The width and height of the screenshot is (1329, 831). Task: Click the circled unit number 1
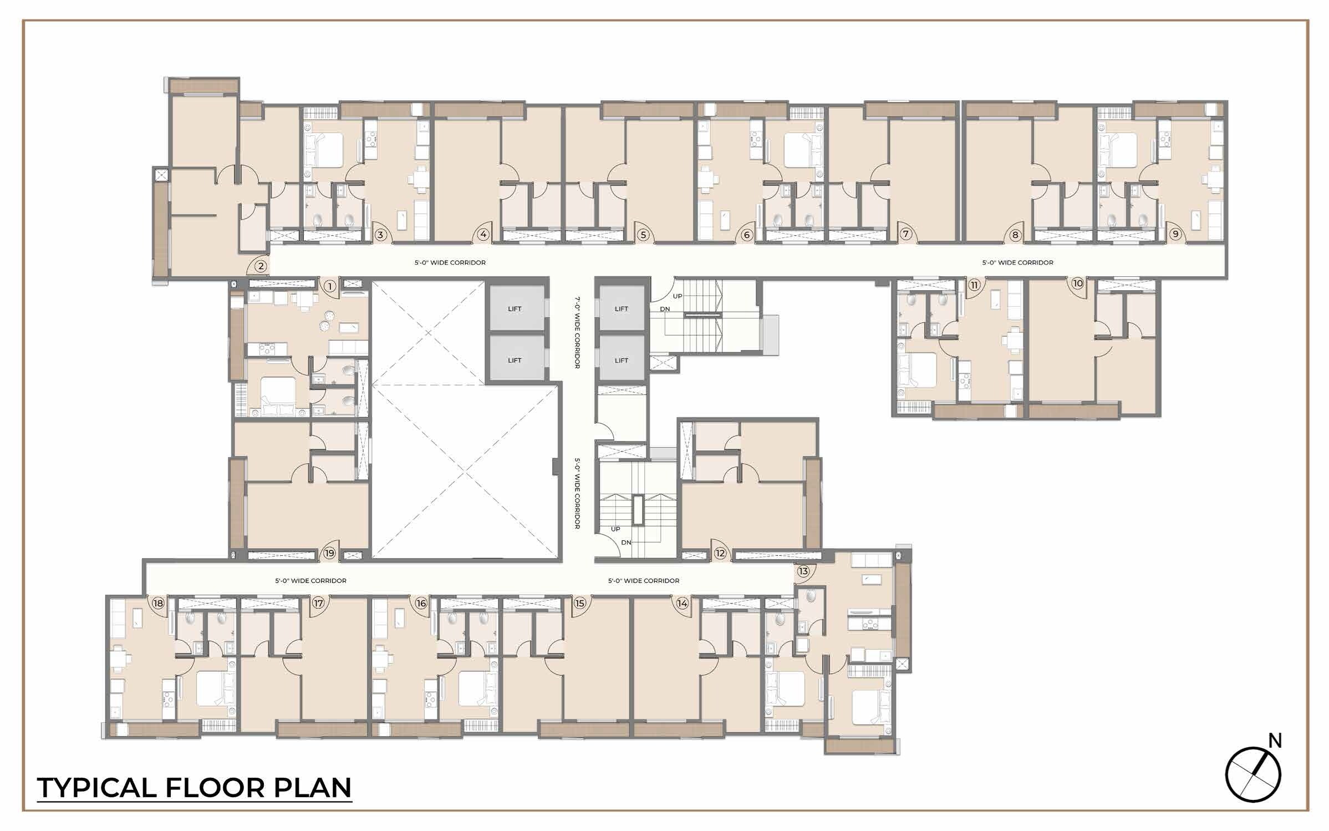point(330,286)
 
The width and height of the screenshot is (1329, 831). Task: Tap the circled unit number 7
point(906,234)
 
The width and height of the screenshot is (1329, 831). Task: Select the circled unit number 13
point(803,571)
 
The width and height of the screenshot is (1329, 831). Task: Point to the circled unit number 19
point(330,553)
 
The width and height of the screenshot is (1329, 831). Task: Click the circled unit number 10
point(1077,283)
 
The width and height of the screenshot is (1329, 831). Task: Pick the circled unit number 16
point(421,603)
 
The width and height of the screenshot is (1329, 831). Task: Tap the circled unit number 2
point(261,266)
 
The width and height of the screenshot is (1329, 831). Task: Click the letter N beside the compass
point(1276,741)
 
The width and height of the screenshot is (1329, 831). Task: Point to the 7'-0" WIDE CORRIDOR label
point(577,332)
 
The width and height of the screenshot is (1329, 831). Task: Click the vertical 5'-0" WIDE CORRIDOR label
point(577,493)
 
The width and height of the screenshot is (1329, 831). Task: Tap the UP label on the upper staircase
point(678,296)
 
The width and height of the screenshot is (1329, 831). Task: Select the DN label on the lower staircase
point(626,543)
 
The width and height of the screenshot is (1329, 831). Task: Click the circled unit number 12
point(720,553)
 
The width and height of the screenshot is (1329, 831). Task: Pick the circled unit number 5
point(643,235)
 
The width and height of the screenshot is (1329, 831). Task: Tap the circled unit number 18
point(159,603)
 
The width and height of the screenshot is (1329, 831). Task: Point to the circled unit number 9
point(1175,234)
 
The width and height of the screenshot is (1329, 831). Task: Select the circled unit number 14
point(682,603)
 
